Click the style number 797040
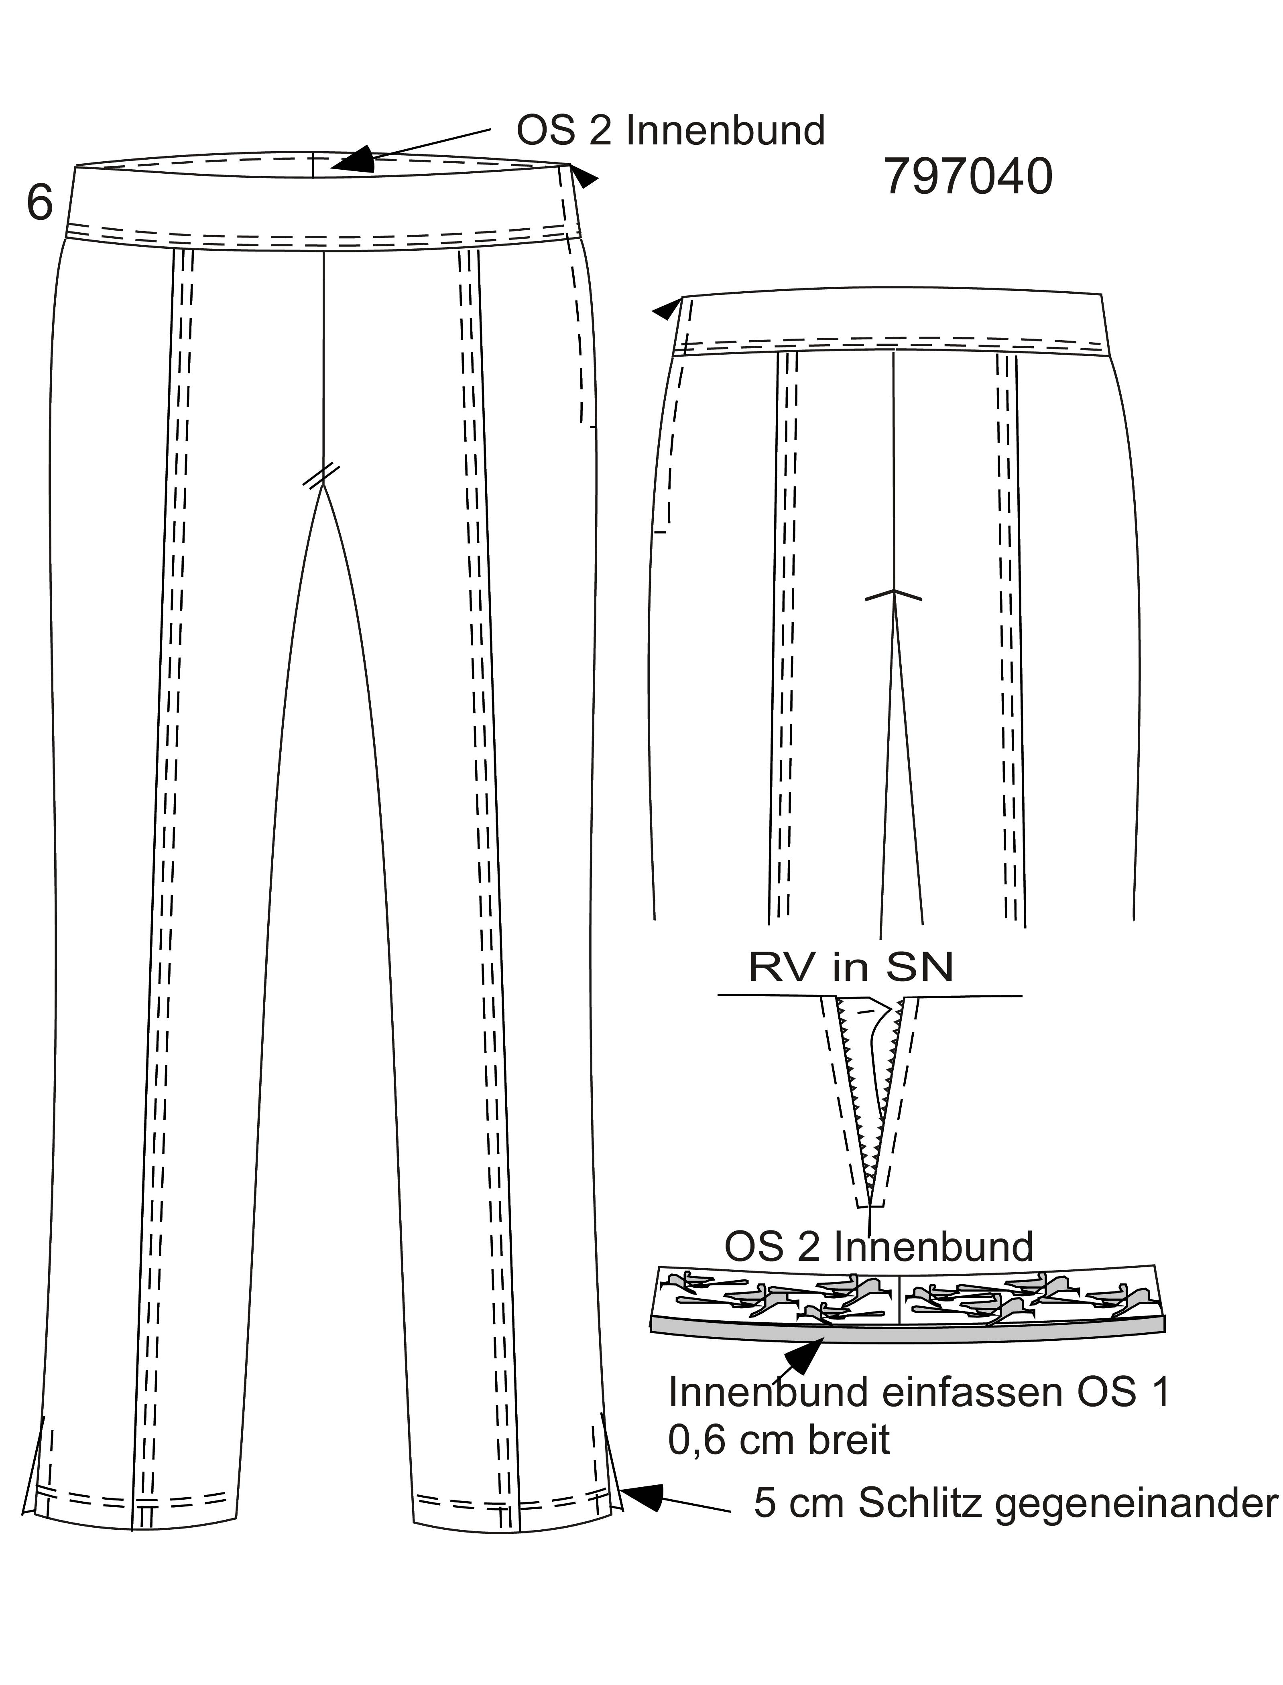[x=968, y=177]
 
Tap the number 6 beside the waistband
[x=40, y=202]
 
